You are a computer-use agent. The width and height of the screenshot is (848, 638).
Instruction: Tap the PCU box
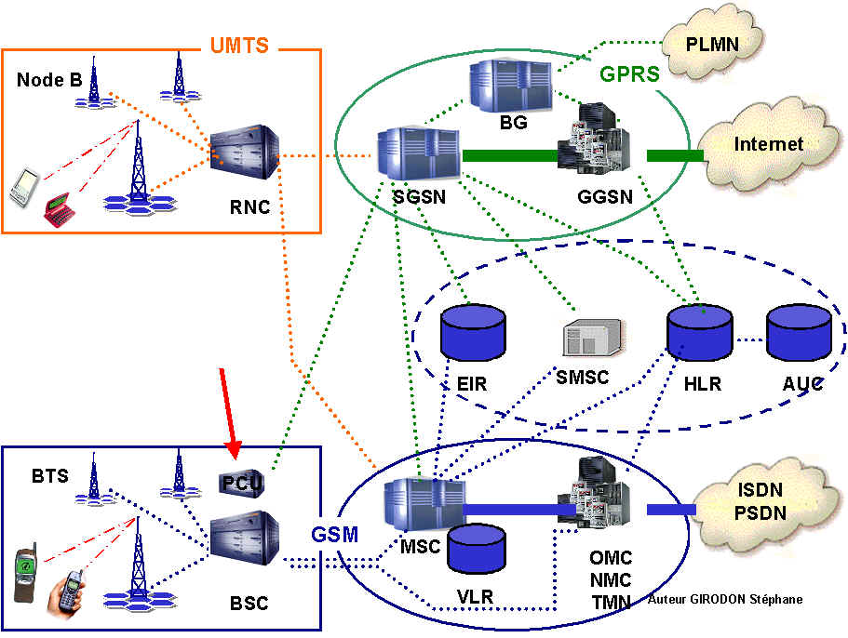(243, 481)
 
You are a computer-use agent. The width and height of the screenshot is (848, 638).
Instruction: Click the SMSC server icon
(594, 338)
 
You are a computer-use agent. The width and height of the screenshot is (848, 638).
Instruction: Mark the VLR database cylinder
(476, 549)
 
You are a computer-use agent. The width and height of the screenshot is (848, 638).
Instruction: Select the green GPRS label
(629, 73)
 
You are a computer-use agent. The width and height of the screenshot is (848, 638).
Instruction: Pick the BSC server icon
(244, 538)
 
